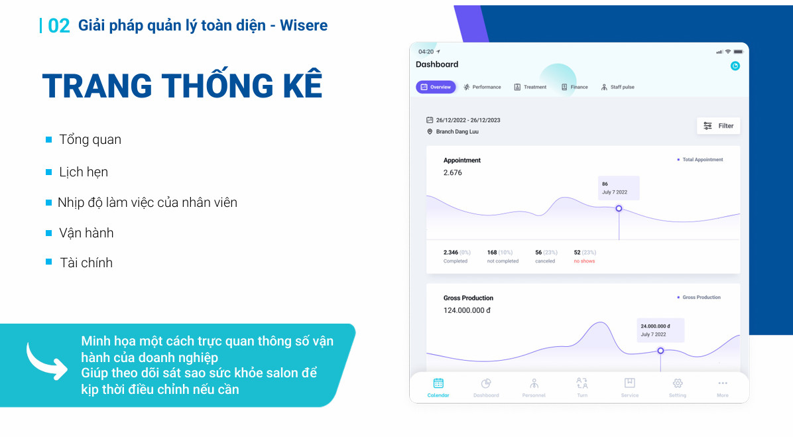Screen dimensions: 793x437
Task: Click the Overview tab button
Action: tap(436, 87)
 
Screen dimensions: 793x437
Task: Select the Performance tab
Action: tap(482, 87)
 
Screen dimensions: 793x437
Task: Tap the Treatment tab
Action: tap(530, 87)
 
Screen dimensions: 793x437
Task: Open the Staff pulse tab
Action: tap(617, 87)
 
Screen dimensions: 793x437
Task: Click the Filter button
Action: tap(718, 126)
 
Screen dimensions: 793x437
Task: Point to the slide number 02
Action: tap(58, 26)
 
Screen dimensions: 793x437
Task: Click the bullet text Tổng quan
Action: tap(90, 140)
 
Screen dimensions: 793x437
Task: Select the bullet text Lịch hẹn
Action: tap(84, 172)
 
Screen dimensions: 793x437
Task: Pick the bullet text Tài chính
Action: tap(86, 263)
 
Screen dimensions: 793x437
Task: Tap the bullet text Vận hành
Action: tap(86, 233)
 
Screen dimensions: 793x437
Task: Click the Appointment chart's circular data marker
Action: tap(619, 208)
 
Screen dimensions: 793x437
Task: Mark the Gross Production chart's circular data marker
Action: tap(660, 351)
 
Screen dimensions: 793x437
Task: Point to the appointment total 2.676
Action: tap(453, 172)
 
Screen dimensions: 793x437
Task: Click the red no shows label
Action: tap(584, 261)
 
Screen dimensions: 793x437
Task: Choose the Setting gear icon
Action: tap(678, 383)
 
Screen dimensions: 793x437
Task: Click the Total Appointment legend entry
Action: tap(700, 159)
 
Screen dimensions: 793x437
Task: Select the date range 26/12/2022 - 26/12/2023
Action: tap(468, 121)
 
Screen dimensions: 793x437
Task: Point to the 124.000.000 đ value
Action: tap(467, 310)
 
